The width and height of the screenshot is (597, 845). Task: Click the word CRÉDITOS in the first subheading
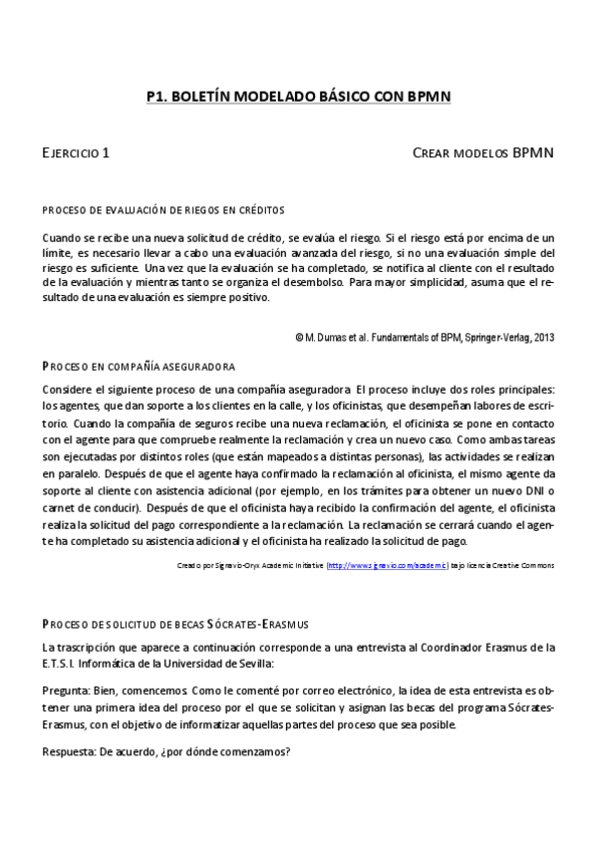point(260,210)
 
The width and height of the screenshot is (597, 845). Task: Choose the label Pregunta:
point(66,689)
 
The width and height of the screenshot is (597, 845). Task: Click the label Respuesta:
point(69,751)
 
